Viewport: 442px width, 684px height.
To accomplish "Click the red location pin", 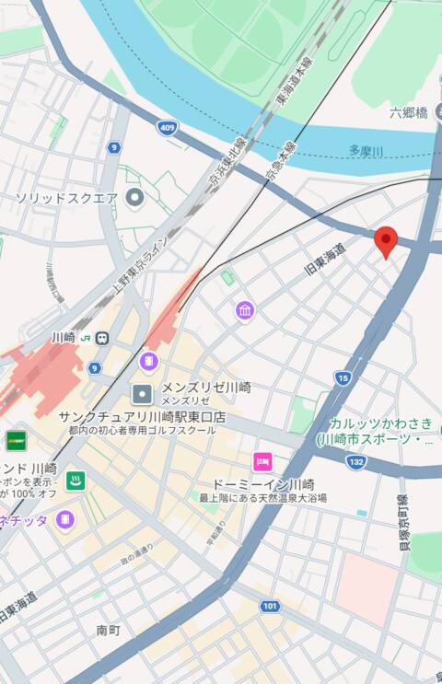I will pos(387,241).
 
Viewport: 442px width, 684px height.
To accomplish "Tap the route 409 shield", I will pos(167,128).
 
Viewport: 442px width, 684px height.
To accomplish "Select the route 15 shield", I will pos(343,377).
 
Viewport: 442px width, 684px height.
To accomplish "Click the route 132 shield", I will pos(356,460).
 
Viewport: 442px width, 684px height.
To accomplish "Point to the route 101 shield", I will pos(269,606).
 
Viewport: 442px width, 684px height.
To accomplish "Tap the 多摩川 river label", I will pos(366,150).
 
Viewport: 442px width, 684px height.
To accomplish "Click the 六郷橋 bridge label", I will pos(409,112).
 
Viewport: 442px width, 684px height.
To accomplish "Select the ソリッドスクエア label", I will pos(66,198).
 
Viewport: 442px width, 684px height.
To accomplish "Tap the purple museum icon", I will pos(244,310).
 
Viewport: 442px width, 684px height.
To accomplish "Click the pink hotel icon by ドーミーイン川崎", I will pos(263,462).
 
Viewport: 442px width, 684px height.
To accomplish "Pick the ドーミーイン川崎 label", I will pos(263,484).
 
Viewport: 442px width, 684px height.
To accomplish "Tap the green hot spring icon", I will pos(76,480).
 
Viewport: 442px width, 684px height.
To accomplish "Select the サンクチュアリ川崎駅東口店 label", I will pos(143,417).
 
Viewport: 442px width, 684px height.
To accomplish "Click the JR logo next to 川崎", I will pos(86,338).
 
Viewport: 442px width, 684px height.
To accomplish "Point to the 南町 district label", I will pos(109,631).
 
